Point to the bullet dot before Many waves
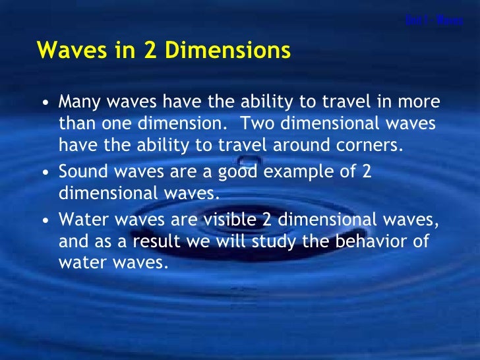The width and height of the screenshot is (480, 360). click(44, 104)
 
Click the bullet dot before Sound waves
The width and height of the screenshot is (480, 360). click(44, 173)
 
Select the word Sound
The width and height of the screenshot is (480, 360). click(80, 172)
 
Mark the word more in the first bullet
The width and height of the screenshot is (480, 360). click(422, 104)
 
